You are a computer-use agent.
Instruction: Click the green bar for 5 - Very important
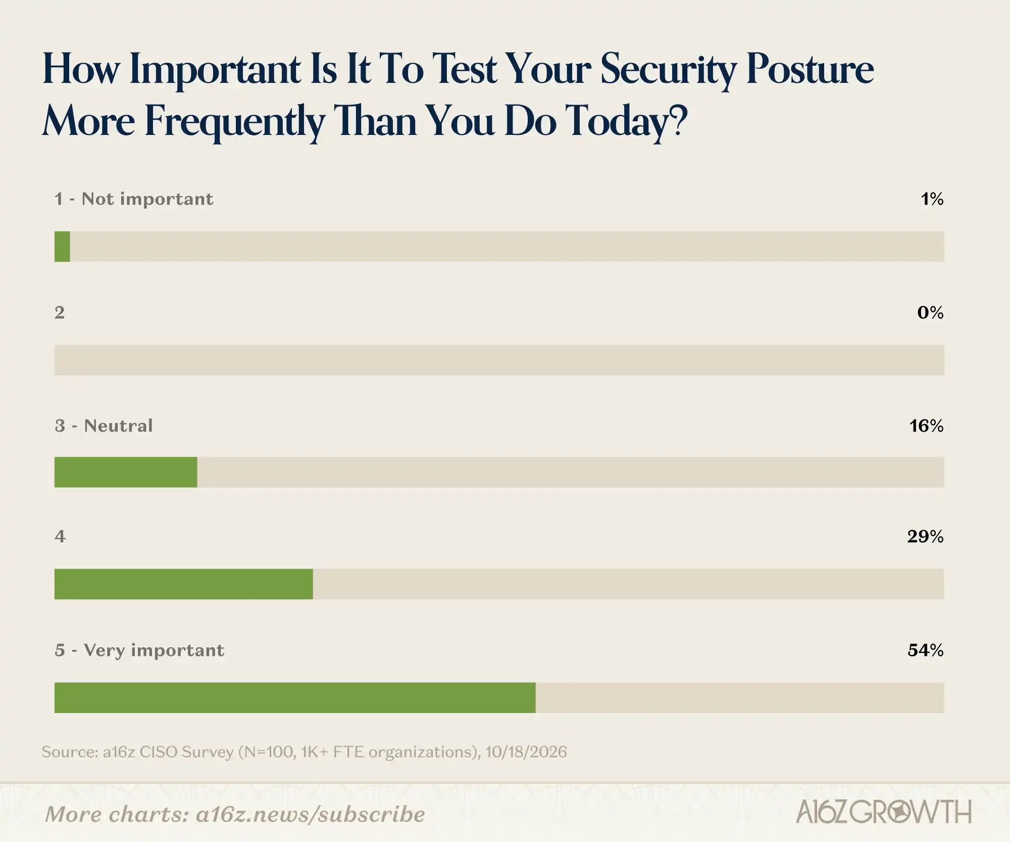click(x=295, y=697)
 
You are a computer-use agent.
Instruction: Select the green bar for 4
click(x=184, y=584)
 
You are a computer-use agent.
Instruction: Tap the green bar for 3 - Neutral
click(x=126, y=472)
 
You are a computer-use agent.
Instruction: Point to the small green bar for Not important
click(x=62, y=247)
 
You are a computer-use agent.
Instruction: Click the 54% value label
click(x=925, y=650)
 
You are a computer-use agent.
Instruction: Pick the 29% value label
click(x=925, y=536)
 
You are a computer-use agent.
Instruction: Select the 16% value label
click(x=926, y=426)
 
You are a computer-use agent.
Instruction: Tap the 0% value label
click(x=930, y=313)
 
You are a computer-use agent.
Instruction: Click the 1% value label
click(x=932, y=199)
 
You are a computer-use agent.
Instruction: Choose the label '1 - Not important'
click(x=134, y=199)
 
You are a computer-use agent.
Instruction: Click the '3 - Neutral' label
click(x=104, y=426)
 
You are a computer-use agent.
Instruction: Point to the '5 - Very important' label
click(x=139, y=650)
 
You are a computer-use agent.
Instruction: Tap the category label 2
click(x=60, y=313)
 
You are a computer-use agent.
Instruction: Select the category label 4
click(x=60, y=536)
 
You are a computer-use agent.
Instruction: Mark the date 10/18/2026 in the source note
click(x=526, y=752)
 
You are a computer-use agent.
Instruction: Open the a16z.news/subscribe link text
click(x=311, y=814)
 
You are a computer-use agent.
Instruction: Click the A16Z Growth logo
click(x=884, y=812)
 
